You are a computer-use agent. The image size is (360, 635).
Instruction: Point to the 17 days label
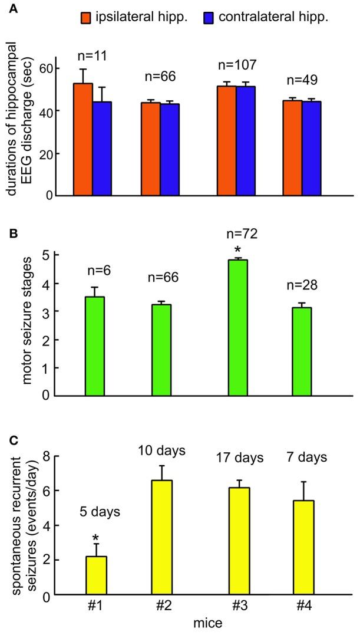[x=238, y=458]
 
